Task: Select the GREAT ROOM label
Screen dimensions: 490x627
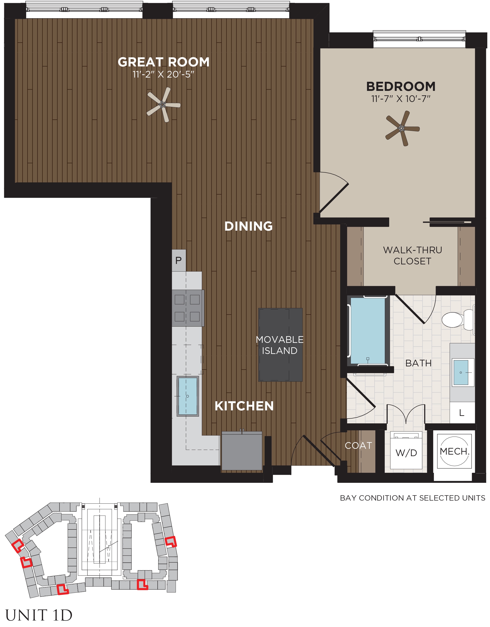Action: coord(164,62)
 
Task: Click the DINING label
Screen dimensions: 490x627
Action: coord(248,226)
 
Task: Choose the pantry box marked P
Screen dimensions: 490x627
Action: coord(179,260)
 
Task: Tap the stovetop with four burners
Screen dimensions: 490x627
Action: coord(188,308)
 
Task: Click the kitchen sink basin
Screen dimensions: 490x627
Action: coord(188,396)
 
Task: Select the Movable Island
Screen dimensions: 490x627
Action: coord(280,345)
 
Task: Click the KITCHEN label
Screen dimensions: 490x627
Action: coord(244,406)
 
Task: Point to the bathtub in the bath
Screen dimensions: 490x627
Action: coord(368,331)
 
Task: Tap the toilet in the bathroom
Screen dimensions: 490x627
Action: coord(458,319)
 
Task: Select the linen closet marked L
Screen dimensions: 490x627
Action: coord(462,413)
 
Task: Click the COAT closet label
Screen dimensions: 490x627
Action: coord(358,445)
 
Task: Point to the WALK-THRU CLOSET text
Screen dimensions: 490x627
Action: coord(413,256)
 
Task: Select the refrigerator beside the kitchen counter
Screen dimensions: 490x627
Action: coord(242,451)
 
